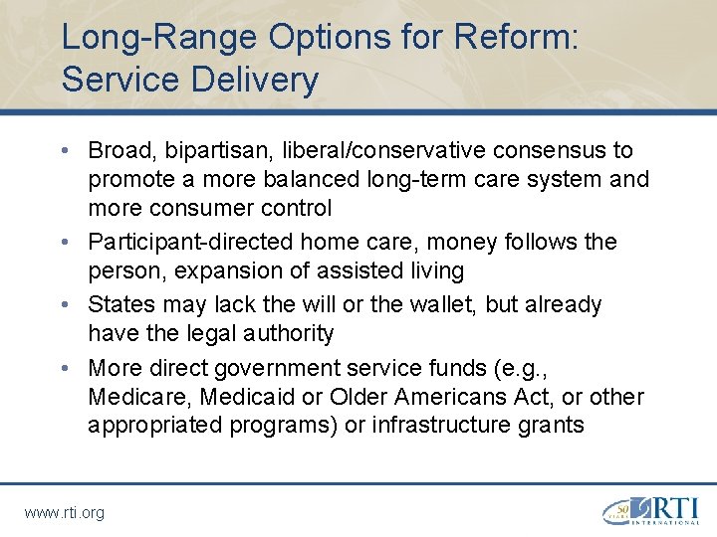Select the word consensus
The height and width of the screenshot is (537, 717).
click(545, 151)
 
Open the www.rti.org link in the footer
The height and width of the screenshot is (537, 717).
click(64, 512)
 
